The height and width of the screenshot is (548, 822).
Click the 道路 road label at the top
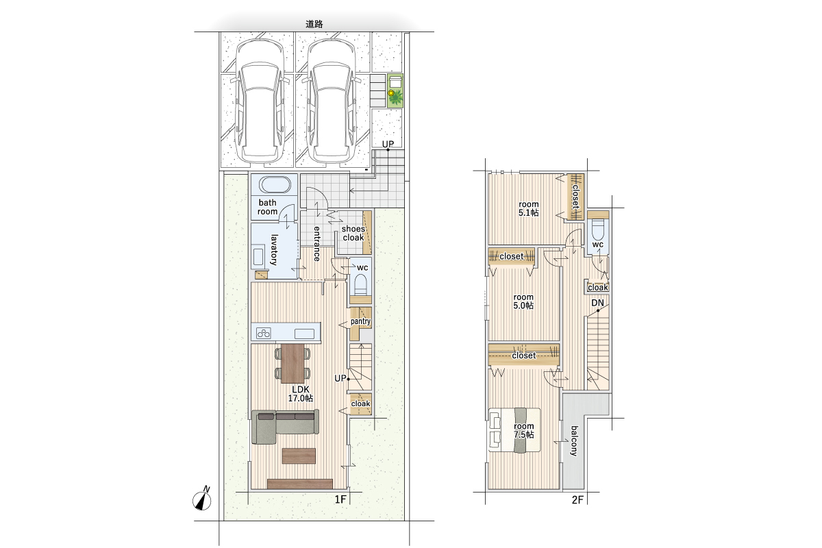tap(314, 24)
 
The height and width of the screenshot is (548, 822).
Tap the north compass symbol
tap(202, 499)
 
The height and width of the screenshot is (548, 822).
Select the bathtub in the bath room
tap(275, 185)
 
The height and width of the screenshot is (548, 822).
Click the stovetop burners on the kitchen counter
tap(264, 333)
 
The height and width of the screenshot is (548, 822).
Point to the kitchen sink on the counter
tap(304, 334)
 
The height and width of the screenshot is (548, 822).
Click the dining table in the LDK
tap(292, 363)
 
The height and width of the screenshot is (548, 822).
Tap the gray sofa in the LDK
tap(285, 426)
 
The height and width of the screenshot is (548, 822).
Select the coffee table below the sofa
tap(299, 456)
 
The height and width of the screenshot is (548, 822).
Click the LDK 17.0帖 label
tap(301, 394)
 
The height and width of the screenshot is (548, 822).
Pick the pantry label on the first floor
tap(360, 321)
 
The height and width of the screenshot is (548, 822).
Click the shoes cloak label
tap(353, 233)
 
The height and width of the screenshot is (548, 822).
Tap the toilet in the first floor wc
tap(361, 286)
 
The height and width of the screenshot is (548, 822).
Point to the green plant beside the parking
tap(395, 98)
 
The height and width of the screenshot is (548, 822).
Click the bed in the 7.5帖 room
tap(514, 429)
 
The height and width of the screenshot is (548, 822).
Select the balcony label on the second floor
tap(574, 441)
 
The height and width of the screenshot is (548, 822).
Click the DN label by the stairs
tap(597, 303)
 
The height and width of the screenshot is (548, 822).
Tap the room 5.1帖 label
tap(528, 208)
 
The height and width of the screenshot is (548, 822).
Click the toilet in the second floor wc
tap(598, 230)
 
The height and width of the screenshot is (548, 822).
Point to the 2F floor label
tap(577, 499)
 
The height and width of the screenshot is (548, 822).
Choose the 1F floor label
tap(340, 499)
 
